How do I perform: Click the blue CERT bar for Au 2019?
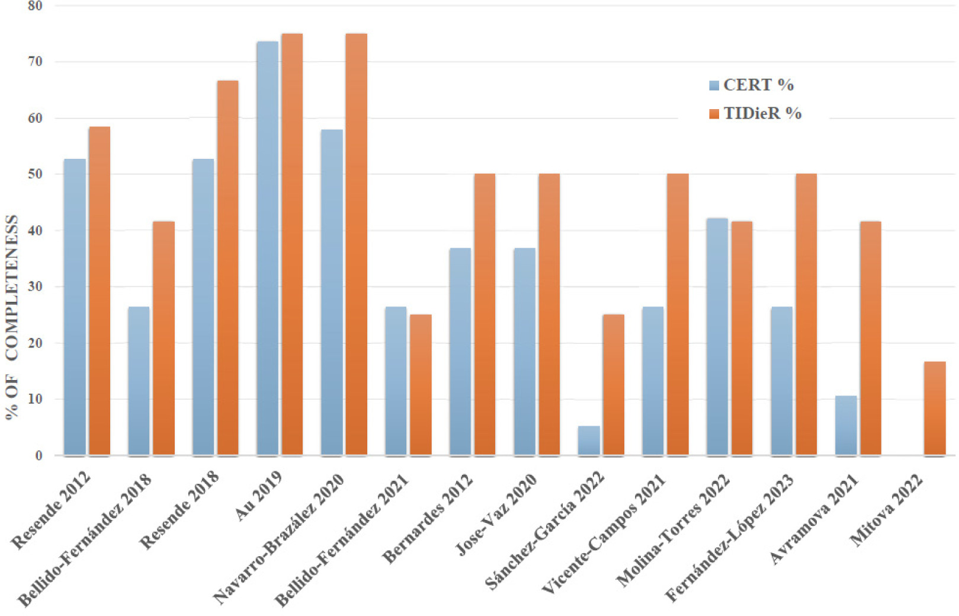point(267,249)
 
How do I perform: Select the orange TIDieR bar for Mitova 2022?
point(934,408)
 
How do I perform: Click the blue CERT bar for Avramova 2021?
point(846,425)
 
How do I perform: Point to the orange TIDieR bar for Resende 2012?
point(99,291)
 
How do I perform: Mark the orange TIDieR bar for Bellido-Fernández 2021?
point(421,385)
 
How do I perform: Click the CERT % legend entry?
point(751,85)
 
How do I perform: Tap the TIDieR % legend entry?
point(755,113)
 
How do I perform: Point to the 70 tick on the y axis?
point(36,62)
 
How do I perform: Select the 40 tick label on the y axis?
point(36,231)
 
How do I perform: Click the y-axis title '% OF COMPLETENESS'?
point(12,317)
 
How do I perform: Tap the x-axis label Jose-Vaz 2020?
point(496,514)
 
